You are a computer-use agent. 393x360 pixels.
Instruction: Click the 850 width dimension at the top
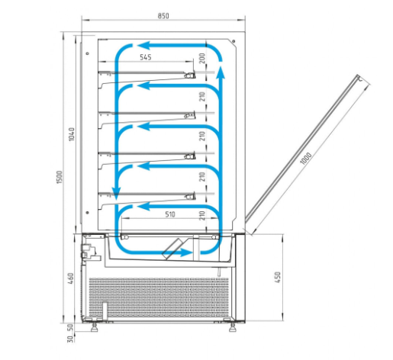(163, 16)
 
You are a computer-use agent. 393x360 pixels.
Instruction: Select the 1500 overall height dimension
(59, 177)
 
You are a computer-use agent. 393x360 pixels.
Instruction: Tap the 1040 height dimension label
(72, 134)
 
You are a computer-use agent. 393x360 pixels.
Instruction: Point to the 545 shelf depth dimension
(146, 57)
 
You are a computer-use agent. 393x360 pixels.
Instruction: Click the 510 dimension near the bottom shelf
(170, 214)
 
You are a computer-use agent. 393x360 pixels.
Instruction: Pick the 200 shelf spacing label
(202, 58)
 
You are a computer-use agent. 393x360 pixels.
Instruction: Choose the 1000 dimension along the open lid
(306, 158)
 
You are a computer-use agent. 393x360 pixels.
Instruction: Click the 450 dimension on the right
(278, 277)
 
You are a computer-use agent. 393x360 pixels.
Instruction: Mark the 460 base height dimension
(71, 278)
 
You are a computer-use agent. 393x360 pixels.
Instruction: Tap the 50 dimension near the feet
(71, 327)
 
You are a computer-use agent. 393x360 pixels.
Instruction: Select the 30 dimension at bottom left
(70, 339)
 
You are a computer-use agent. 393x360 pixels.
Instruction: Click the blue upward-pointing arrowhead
(221, 72)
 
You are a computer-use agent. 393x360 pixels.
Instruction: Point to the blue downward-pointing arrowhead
(116, 194)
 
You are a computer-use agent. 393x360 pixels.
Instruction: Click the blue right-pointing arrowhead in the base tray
(186, 252)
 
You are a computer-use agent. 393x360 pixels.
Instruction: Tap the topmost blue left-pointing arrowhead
(143, 46)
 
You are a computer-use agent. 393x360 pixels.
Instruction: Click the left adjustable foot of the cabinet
(95, 327)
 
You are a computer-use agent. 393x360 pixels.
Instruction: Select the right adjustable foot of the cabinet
(233, 327)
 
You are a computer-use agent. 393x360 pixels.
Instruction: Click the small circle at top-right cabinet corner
(234, 41)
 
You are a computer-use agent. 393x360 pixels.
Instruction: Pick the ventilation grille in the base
(159, 297)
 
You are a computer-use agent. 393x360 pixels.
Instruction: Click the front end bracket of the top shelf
(190, 75)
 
